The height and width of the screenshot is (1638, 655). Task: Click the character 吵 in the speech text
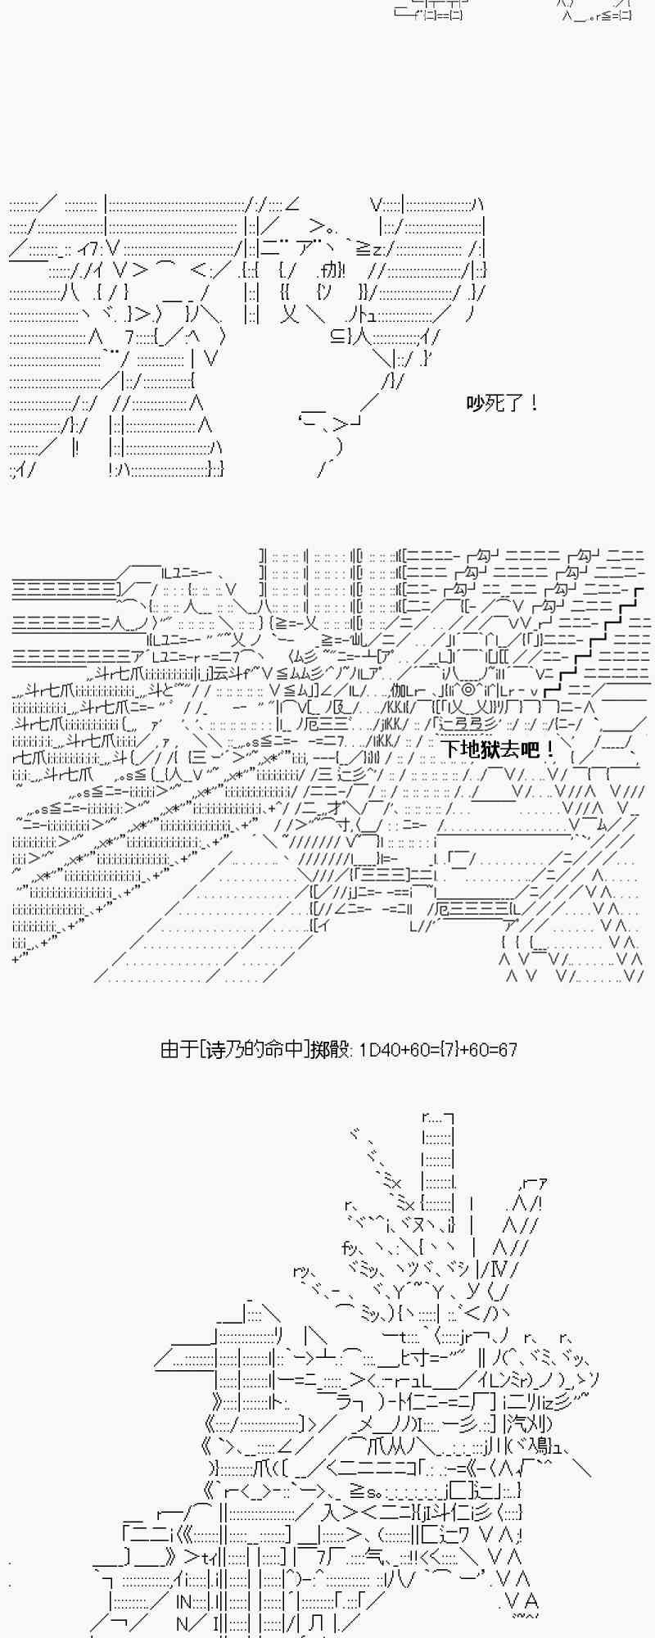coord(476,403)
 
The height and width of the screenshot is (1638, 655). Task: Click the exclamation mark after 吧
coord(549,749)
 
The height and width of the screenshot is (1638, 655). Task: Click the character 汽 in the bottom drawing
coord(515,1423)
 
